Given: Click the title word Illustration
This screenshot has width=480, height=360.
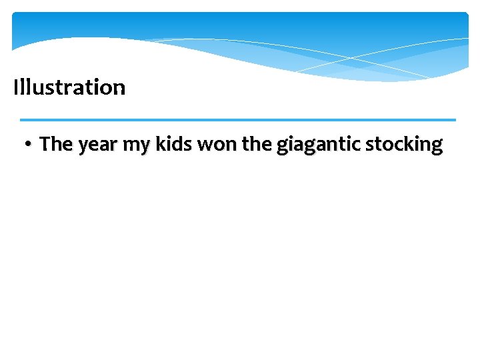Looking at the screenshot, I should click(x=69, y=87).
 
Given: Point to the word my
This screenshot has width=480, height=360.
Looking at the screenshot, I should click(x=137, y=146).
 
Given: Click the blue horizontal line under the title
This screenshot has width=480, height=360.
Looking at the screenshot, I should click(x=238, y=120).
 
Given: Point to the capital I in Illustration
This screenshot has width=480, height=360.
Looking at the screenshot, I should click(x=15, y=87).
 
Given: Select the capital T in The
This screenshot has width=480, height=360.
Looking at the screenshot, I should click(x=45, y=144).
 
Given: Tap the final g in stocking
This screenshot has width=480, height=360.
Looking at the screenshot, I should click(x=437, y=147).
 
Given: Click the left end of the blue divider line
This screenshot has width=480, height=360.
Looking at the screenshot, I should click(x=21, y=120).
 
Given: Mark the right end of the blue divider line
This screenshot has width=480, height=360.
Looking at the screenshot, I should click(x=455, y=120).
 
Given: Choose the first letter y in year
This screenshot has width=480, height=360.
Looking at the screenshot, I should click(x=83, y=147).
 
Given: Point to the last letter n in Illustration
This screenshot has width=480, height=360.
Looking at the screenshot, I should click(x=119, y=89).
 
